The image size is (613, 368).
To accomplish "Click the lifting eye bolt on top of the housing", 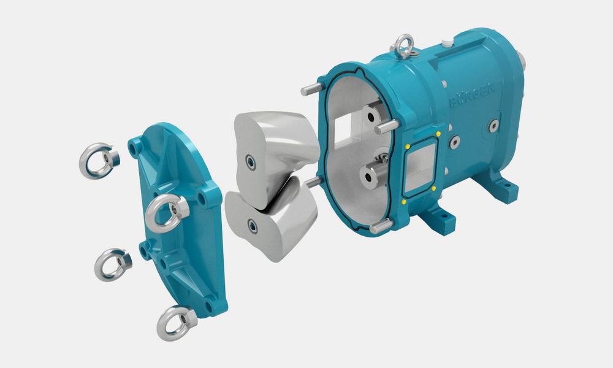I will [x=402, y=46].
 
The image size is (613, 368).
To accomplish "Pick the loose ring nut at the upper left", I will [x=98, y=161].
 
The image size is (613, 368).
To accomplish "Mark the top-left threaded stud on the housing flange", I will [x=312, y=90].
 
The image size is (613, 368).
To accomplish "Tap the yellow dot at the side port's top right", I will [x=438, y=133].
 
